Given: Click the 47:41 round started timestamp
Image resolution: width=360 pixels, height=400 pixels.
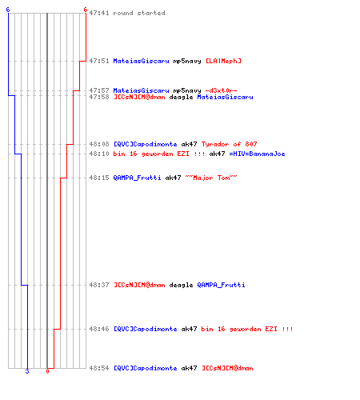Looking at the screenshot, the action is point(99,13).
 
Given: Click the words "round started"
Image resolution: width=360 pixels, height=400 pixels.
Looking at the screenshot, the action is point(139,13).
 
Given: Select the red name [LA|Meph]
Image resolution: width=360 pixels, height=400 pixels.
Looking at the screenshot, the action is point(223,61).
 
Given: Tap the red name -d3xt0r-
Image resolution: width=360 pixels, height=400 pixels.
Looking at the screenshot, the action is point(222,90).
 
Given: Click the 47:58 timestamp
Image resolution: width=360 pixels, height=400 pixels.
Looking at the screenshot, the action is point(99,97).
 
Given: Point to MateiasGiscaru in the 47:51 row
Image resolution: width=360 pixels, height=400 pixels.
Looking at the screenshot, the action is point(141,61).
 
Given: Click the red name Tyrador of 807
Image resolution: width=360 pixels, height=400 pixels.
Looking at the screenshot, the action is point(230,144).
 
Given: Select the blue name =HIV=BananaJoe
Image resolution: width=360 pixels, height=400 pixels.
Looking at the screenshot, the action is point(257,154).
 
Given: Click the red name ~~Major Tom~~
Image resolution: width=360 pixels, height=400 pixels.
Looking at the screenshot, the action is point(211,178).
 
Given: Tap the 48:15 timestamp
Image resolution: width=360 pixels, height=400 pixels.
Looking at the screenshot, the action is point(99,178).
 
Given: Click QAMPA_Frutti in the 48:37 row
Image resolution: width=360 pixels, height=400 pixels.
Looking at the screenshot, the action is point(221,285).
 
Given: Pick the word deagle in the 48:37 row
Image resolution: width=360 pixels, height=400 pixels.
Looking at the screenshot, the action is point(181,285).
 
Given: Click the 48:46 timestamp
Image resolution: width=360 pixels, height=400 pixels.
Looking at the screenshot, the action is point(99,329).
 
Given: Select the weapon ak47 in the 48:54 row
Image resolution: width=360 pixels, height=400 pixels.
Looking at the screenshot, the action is point(189,368).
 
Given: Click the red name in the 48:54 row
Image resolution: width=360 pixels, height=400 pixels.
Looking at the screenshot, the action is point(227,368).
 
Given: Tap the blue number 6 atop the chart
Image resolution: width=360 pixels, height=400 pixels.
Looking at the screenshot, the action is point(8,10).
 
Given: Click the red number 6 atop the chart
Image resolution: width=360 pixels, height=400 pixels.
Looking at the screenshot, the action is point(86,10).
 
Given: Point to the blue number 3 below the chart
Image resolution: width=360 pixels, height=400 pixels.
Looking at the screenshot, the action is point(27,371).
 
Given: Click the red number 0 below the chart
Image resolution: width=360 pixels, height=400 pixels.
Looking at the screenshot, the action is point(47,371).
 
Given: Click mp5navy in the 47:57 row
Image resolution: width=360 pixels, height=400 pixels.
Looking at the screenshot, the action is point(187,90).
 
